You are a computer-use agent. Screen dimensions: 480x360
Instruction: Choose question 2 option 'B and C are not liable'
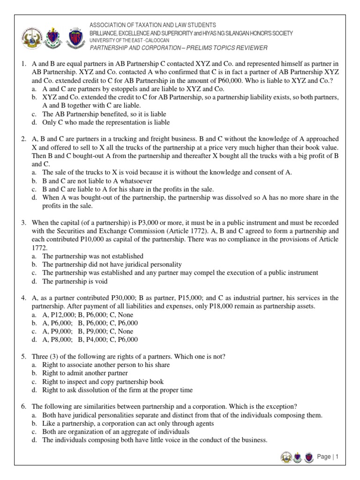point(97,181)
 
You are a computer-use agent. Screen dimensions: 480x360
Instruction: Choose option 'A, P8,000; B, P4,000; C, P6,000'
point(90,339)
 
